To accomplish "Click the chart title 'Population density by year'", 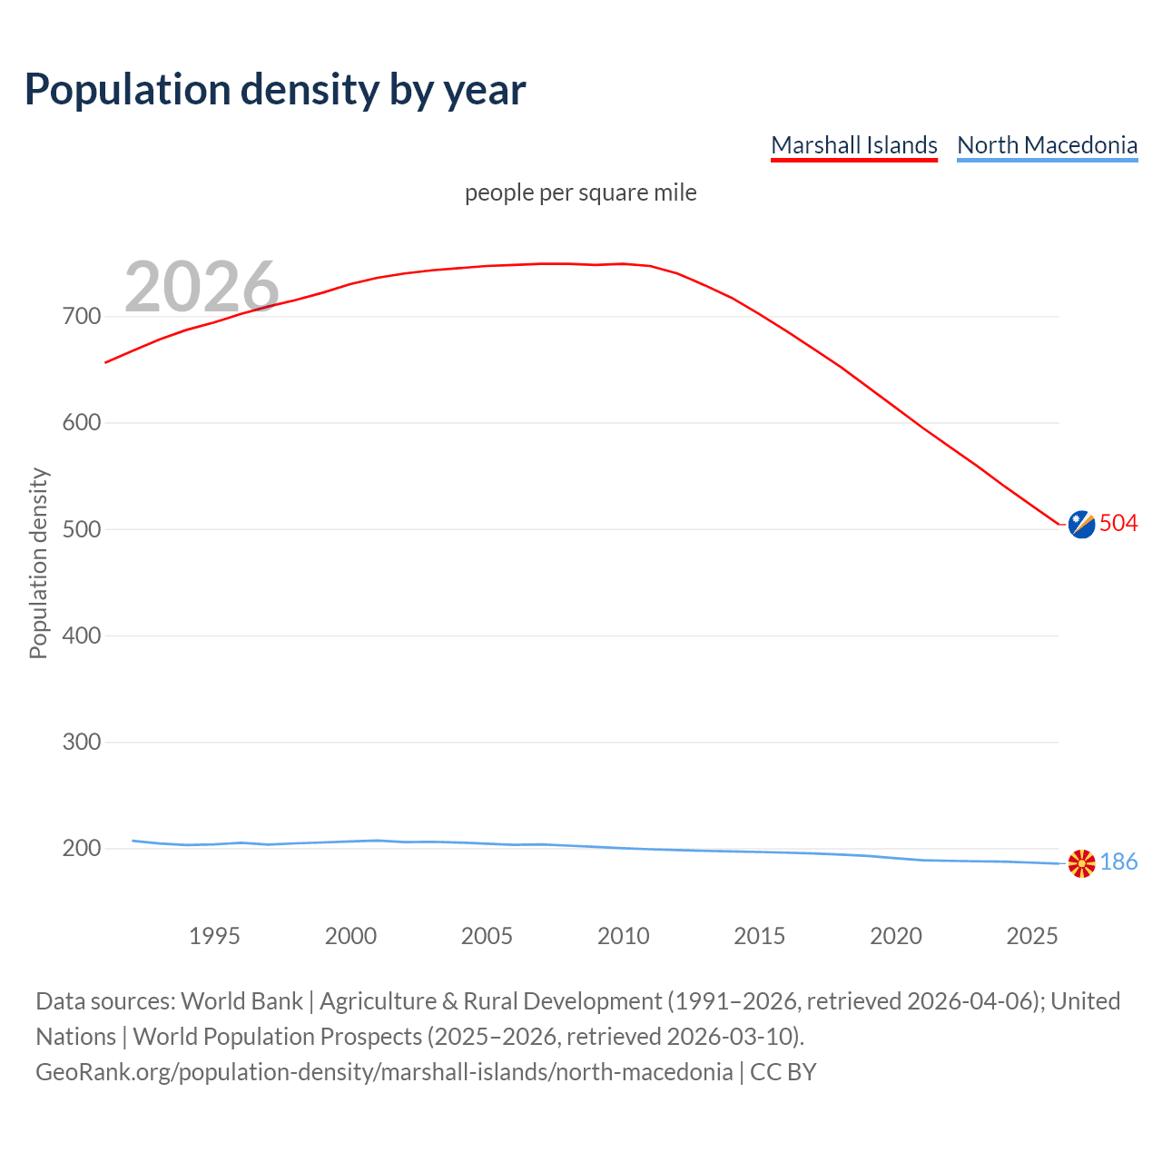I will (275, 89).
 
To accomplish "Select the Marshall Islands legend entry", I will (853, 145).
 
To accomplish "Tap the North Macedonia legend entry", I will (1047, 145).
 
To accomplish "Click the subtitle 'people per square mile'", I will (580, 192).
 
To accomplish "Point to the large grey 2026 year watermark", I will (202, 286).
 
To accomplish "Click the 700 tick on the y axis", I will (82, 317).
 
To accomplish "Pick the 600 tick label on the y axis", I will (82, 423).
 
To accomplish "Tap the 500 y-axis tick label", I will (82, 529).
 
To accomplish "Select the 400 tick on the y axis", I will (82, 635).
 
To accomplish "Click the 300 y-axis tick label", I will (82, 742).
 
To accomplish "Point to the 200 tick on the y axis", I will (82, 848).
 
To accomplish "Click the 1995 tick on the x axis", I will (214, 936).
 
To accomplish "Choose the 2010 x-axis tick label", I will (624, 936).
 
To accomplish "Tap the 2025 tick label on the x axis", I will (1032, 936).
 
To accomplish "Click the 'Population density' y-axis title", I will (38, 563).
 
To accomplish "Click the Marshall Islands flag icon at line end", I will (1081, 524).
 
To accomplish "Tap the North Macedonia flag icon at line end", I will (1081, 863).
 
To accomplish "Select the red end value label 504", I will (1118, 523).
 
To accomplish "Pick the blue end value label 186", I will (1118, 862).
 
